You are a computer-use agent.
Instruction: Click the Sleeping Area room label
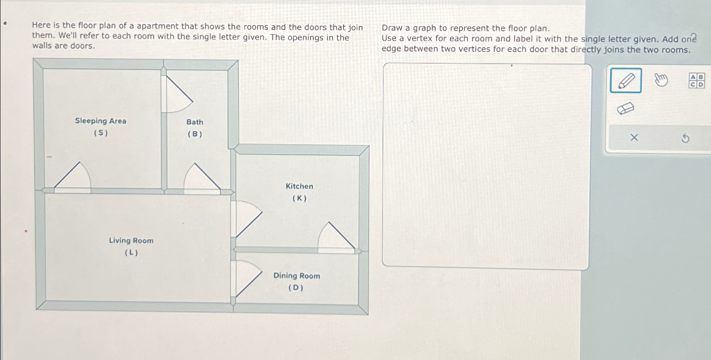[100, 121]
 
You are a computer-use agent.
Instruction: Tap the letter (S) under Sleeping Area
[101, 133]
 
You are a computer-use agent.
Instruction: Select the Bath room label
[195, 122]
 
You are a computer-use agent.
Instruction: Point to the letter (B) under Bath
[195, 134]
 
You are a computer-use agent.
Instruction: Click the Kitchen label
[299, 186]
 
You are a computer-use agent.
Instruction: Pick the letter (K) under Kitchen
[299, 198]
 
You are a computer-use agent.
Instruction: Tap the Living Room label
[131, 241]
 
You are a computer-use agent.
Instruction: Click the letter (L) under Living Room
[131, 253]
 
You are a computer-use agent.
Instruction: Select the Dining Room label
[297, 276]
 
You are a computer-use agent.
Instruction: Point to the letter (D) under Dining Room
[296, 288]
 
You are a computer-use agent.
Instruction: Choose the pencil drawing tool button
[626, 80]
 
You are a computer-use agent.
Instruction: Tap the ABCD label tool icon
[697, 80]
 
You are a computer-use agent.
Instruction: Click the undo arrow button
[685, 138]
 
